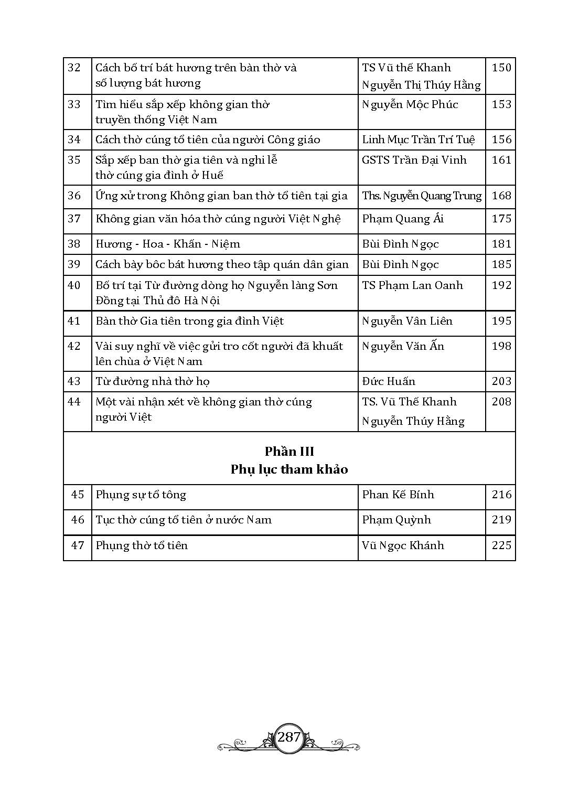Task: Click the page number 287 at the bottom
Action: (x=289, y=737)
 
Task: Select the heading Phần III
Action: (x=289, y=451)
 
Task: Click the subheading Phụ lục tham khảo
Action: (x=289, y=469)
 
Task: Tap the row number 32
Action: (x=74, y=68)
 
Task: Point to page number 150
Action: (x=501, y=68)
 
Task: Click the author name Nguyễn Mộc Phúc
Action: (x=410, y=104)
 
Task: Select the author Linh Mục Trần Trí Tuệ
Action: (x=418, y=140)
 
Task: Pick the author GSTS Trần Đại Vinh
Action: (x=414, y=160)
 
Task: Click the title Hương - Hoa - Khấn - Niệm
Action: (x=168, y=244)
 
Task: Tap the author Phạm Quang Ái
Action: (x=402, y=219)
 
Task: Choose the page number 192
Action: (x=501, y=285)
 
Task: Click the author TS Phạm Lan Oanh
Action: (x=412, y=285)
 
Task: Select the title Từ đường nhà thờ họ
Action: (x=153, y=381)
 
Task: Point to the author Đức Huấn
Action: (x=388, y=381)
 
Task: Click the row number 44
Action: (x=74, y=402)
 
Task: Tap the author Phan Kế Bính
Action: (x=398, y=495)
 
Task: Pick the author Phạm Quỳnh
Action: (x=396, y=520)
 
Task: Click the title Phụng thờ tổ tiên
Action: (x=142, y=545)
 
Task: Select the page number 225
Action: (x=501, y=545)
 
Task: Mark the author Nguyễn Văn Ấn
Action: (x=403, y=346)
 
